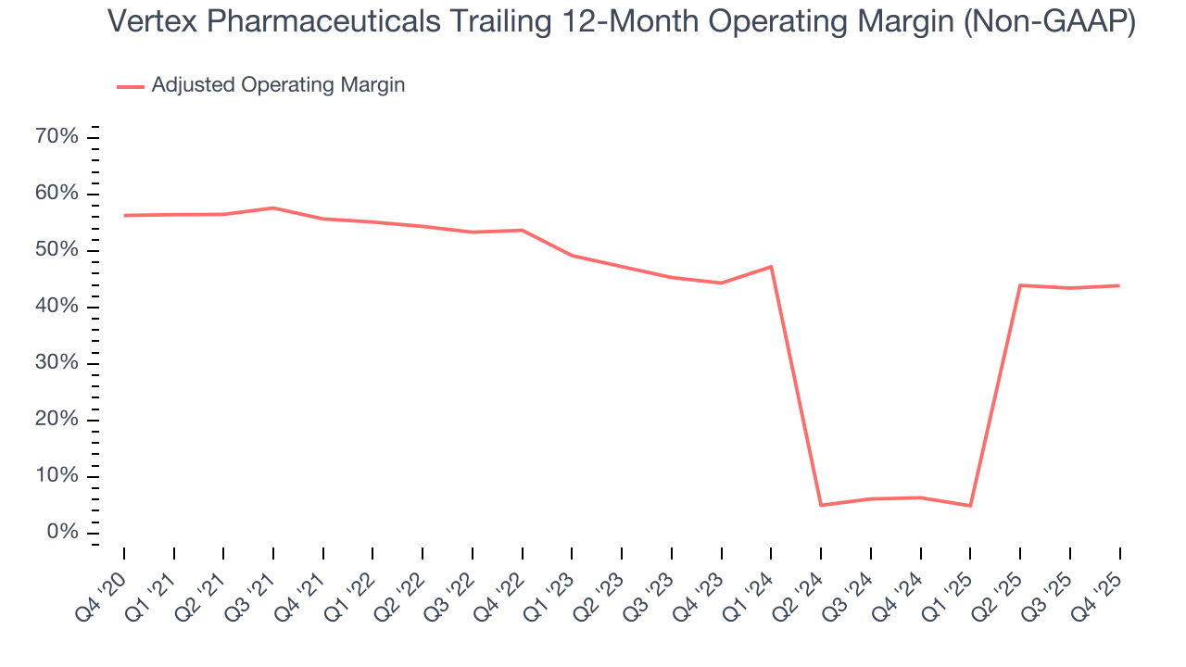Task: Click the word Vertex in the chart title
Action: click(150, 22)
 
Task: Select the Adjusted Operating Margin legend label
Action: click(278, 85)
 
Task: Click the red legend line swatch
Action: click(130, 86)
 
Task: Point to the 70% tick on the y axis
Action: click(57, 137)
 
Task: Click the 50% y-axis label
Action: click(57, 250)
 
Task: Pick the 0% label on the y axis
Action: click(62, 533)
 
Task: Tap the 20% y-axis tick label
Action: click(57, 420)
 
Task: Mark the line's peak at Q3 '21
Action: click(273, 208)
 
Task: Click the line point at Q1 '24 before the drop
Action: click(771, 267)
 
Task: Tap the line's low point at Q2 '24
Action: click(821, 505)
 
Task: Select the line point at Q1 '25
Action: click(970, 506)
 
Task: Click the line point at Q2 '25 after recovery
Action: click(1020, 285)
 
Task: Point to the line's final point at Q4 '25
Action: click(1119, 285)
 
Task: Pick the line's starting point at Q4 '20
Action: click(124, 215)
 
